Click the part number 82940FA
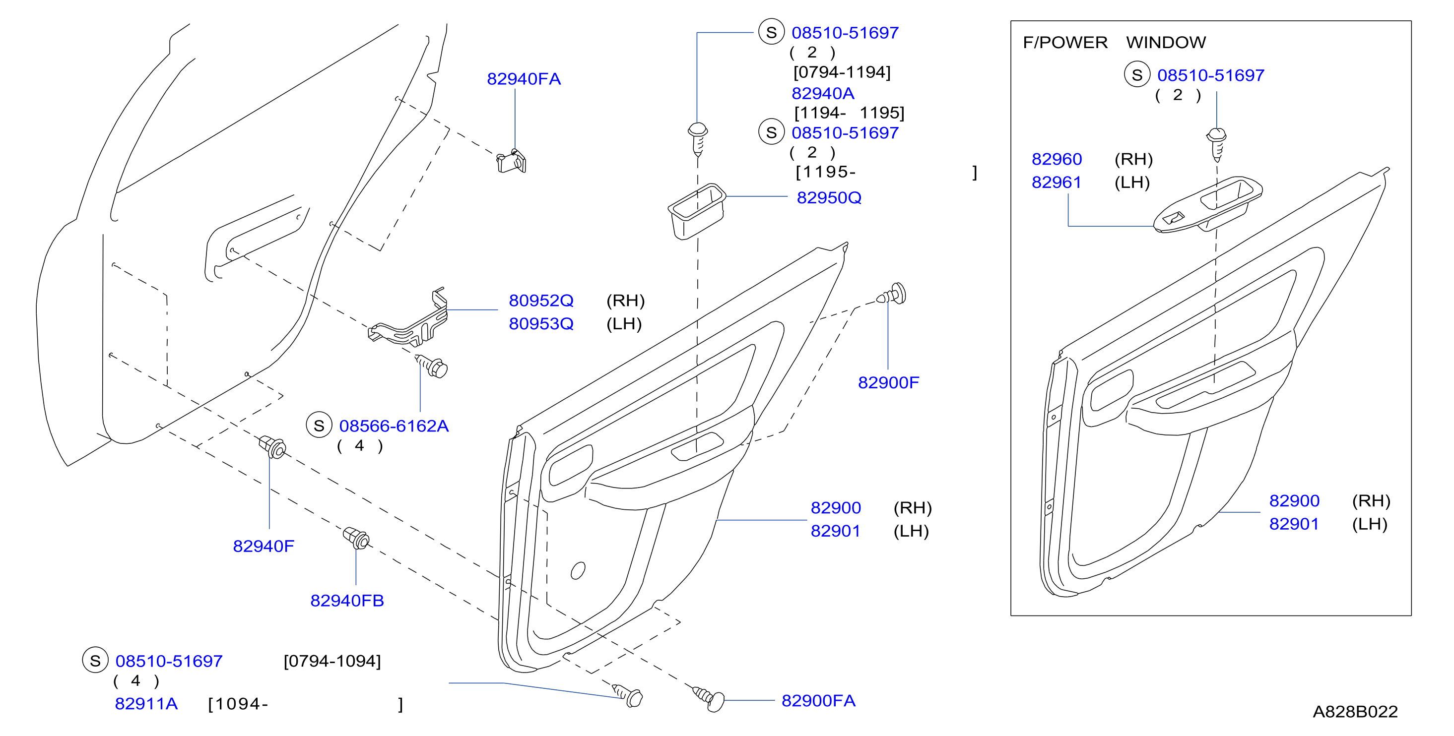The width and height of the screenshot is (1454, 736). [524, 79]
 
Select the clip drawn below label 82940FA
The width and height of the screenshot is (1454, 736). [512, 161]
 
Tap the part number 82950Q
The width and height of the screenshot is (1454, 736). [829, 198]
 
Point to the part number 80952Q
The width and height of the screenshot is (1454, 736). [541, 301]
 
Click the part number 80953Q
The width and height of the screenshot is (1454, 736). [541, 324]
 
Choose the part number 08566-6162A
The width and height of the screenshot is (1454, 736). [394, 426]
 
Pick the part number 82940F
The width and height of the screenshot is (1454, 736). [264, 546]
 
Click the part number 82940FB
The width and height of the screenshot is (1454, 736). [347, 601]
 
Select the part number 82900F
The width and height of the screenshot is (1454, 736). [888, 382]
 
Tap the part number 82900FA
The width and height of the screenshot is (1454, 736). [818, 700]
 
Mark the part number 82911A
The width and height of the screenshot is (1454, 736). [146, 704]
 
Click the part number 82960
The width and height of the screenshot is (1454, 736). [1057, 159]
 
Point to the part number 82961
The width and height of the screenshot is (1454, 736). [1057, 182]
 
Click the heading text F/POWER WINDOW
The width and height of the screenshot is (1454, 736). [1114, 42]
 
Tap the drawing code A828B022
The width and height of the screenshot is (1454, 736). [1355, 712]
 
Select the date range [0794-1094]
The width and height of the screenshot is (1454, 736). [332, 661]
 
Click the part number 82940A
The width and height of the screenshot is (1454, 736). [823, 94]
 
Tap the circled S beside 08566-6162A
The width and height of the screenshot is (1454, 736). [319, 425]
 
